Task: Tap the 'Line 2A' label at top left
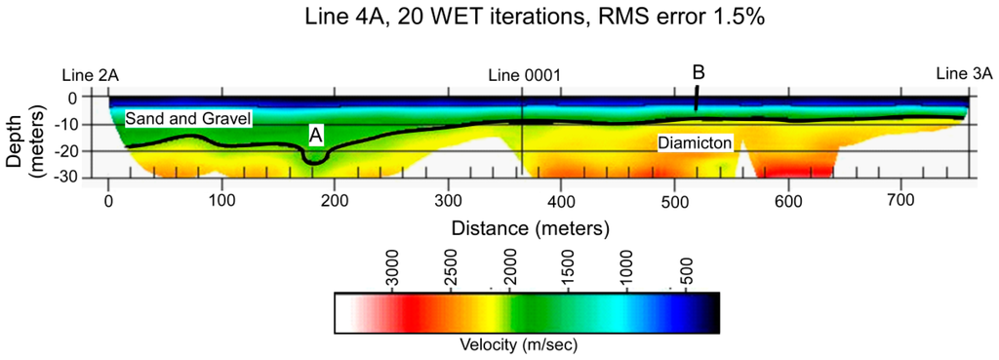pyautogui.click(x=90, y=75)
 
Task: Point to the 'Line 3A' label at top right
pyautogui.click(x=964, y=74)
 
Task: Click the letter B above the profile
pyautogui.click(x=699, y=72)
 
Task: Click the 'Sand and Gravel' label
pyautogui.click(x=188, y=118)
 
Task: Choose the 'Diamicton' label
pyautogui.click(x=694, y=142)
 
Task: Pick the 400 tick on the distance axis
pyautogui.click(x=561, y=200)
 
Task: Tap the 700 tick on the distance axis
pyautogui.click(x=899, y=200)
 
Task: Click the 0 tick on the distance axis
pyautogui.click(x=108, y=200)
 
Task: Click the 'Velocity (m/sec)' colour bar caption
pyautogui.click(x=528, y=344)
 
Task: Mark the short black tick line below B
pyautogui.click(x=697, y=98)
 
